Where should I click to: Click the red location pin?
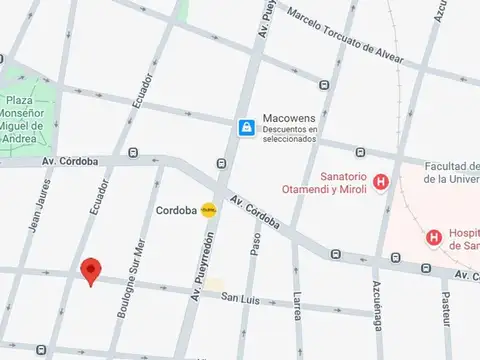(x=91, y=271)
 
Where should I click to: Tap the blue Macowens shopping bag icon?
(x=246, y=127)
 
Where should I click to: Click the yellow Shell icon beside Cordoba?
(x=209, y=210)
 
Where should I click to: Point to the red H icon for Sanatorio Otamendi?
(x=381, y=182)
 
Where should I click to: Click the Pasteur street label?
(x=446, y=310)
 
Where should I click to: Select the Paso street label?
(x=256, y=244)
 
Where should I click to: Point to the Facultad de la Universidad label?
(x=451, y=173)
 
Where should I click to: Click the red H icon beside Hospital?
(x=434, y=237)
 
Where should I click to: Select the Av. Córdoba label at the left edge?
(x=70, y=160)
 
